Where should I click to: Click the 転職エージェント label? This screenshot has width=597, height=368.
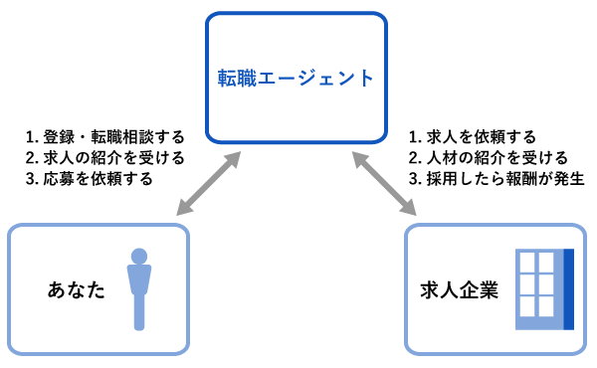pyautogui.click(x=297, y=78)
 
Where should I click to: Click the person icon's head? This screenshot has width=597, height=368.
pyautogui.click(x=140, y=256)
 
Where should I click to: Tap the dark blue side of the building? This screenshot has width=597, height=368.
pyautogui.click(x=569, y=289)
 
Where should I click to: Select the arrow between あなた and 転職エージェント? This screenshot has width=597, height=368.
pyautogui.click(x=208, y=183)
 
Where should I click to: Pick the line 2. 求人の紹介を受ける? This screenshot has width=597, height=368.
pyautogui.click(x=104, y=158)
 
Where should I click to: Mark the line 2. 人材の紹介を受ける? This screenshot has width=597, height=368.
pyautogui.click(x=488, y=158)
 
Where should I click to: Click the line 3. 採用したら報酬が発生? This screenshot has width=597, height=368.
pyautogui.click(x=495, y=179)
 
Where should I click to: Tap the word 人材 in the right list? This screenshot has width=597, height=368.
pyautogui.click(x=442, y=158)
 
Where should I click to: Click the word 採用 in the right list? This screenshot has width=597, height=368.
pyautogui.click(x=442, y=179)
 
